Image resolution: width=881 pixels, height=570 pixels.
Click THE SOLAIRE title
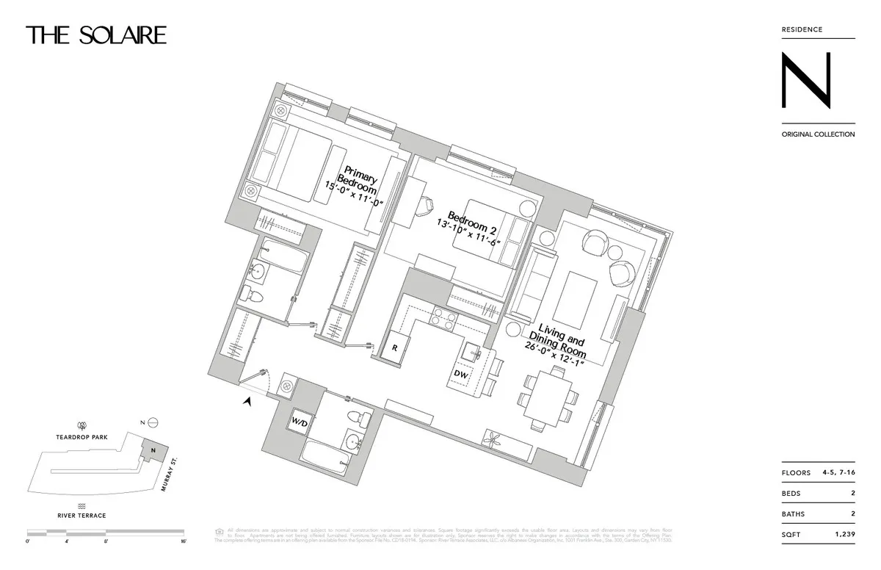[96, 35]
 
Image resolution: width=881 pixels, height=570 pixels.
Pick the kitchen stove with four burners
[443, 318]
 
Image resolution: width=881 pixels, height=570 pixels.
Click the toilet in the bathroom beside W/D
[360, 420]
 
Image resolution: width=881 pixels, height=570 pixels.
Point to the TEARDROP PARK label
[82, 437]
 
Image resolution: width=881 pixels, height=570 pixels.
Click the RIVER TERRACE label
[82, 516]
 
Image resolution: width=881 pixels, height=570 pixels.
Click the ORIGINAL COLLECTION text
[818, 134]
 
